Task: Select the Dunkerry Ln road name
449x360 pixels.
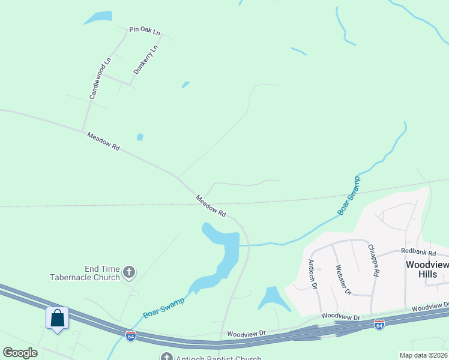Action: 146,59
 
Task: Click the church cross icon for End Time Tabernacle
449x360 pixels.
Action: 128,273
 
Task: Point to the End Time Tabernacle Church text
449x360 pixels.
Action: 85,273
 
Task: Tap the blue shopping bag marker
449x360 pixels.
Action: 58,317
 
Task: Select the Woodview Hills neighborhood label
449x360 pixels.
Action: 427,268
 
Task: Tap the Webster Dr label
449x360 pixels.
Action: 343,280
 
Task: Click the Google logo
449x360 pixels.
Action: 20,353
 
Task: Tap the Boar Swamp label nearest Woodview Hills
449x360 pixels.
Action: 349,196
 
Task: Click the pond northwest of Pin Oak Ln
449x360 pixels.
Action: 98,17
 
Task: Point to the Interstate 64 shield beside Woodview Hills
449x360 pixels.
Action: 379,324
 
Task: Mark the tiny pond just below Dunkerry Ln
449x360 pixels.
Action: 185,85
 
